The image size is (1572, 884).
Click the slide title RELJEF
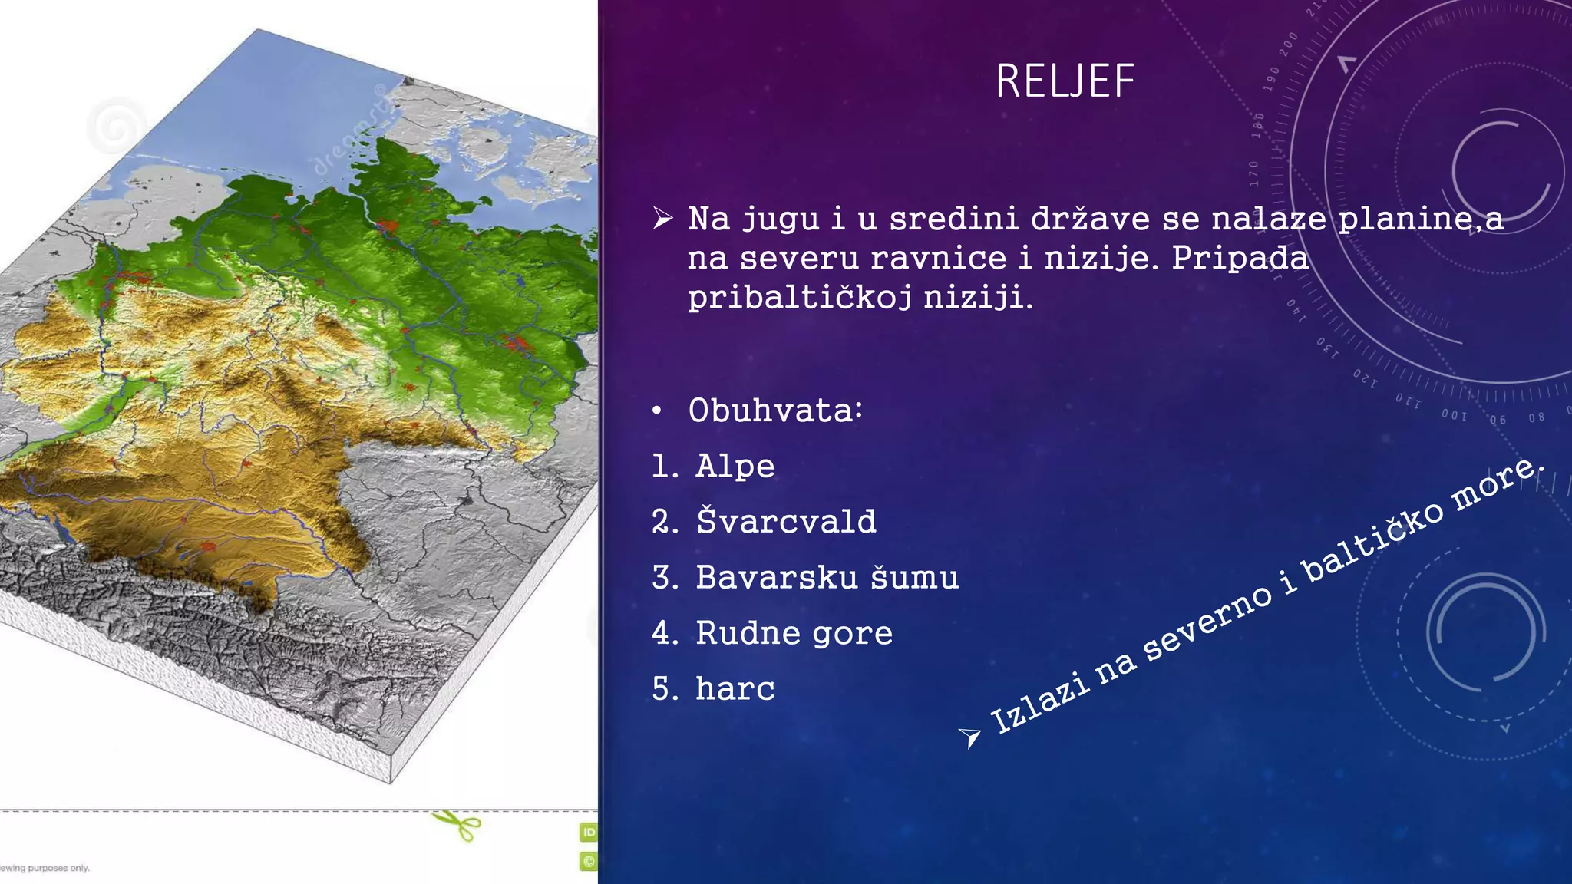coord(1065,81)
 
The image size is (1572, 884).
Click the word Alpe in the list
coord(735,467)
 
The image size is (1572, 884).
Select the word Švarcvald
coord(786,522)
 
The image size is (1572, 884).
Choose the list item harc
coord(735,688)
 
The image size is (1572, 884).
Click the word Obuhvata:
coord(775,411)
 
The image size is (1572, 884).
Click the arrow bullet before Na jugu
coord(662,219)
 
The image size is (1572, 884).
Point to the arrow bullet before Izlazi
coord(969,737)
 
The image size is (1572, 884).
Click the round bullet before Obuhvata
coord(656,411)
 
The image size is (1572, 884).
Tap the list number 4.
coord(662,633)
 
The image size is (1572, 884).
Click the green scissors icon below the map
coord(457,826)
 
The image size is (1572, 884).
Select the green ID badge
coord(588,832)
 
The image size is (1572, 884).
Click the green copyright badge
coord(588,861)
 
